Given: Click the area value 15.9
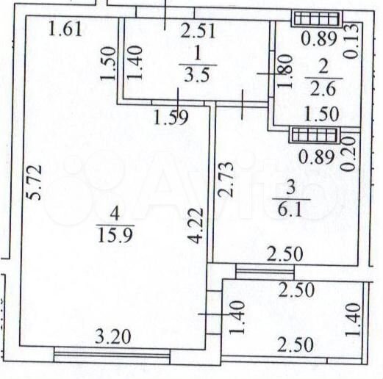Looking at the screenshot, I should (115, 234).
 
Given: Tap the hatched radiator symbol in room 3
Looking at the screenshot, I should (313, 134).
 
